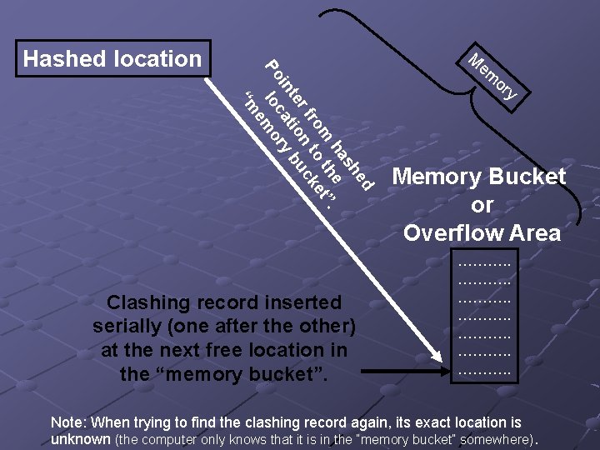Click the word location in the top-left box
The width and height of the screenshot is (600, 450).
coord(158,58)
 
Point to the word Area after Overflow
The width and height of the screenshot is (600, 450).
coord(532,232)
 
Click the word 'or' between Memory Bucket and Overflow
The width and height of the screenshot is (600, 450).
coord(482,205)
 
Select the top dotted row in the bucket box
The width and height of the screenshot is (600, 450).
coord(485,264)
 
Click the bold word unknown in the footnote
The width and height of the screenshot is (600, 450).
coord(80,438)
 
